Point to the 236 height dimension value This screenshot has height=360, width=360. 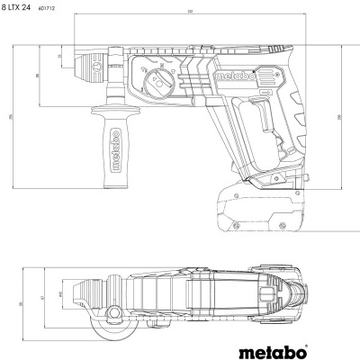[x=338, y=116]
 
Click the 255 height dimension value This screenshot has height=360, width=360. [x=11, y=117]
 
